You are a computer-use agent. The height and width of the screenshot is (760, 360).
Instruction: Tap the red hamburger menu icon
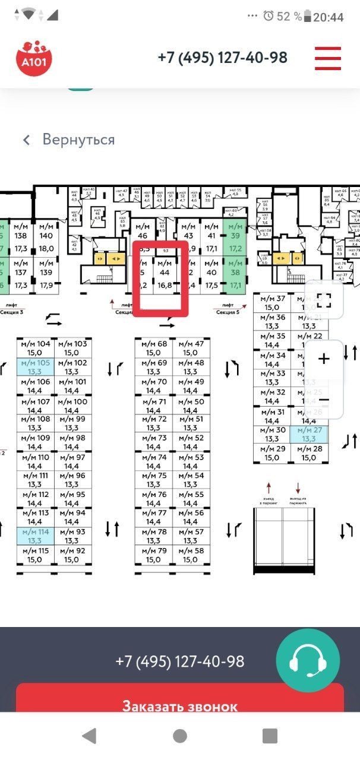[x=327, y=58]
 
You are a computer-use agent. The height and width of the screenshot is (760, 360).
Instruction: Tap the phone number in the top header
[x=222, y=58]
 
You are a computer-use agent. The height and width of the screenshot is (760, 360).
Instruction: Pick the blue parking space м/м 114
[x=36, y=536]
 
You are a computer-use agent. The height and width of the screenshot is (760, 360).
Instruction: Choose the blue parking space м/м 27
[x=308, y=434]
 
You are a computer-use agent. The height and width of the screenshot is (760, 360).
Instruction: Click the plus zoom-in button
[x=324, y=359]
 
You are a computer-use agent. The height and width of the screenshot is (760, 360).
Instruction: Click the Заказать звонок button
[x=179, y=707]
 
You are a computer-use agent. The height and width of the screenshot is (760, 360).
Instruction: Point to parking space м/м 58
[x=190, y=555]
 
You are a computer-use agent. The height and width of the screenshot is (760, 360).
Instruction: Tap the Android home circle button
[x=180, y=736]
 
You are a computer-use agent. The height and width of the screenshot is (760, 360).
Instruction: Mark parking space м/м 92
[x=71, y=555]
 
